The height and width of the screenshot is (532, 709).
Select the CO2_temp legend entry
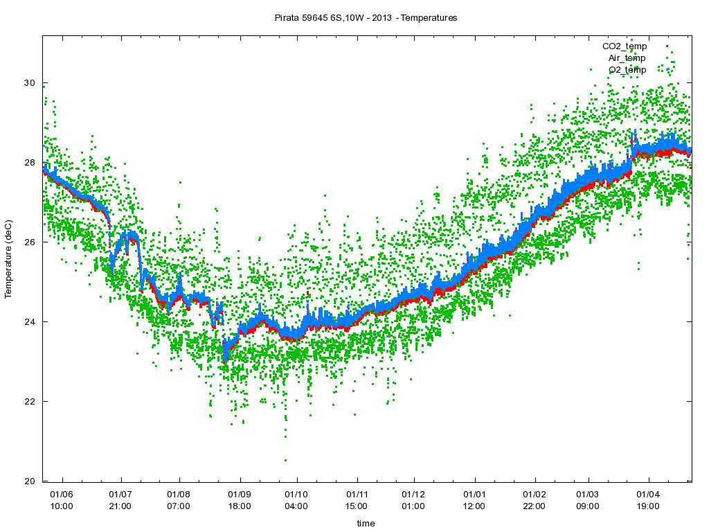point(625,46)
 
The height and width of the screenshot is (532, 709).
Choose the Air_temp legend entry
point(627,58)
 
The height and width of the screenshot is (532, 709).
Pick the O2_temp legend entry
point(627,70)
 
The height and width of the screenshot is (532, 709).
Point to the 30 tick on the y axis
point(29,83)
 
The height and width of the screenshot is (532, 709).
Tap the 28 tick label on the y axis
point(29,163)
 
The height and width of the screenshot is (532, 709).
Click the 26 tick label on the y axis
point(29,242)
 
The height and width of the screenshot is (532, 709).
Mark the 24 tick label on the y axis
point(29,322)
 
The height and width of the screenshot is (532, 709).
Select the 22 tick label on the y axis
point(29,402)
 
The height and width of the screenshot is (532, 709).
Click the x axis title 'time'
point(366,524)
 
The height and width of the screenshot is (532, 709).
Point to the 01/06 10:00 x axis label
point(62,500)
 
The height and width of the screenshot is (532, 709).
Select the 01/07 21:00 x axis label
point(120,500)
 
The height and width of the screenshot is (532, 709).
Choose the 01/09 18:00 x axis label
point(240,500)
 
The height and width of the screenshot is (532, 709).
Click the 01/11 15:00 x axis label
point(357,500)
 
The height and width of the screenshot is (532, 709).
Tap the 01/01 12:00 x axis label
point(474,500)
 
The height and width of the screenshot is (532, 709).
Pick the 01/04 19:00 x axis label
point(648,500)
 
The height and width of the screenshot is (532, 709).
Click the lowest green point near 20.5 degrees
point(285,460)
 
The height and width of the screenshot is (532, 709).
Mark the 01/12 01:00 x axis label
point(413,500)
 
